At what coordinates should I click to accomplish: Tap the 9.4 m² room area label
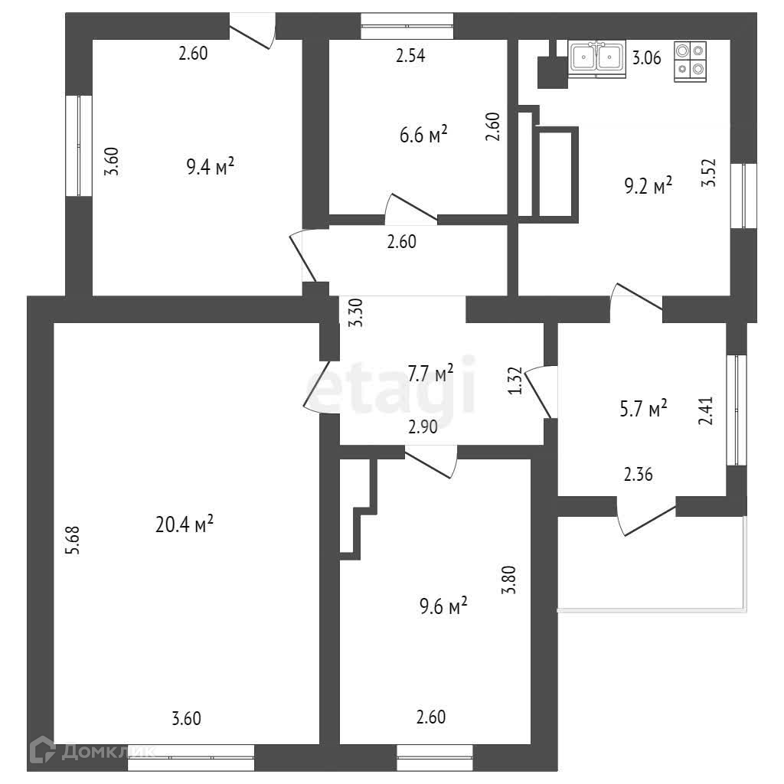(x=210, y=166)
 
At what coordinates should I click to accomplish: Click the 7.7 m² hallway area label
(x=430, y=374)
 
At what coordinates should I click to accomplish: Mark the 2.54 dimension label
(x=410, y=55)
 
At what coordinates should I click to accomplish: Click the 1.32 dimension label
(x=515, y=381)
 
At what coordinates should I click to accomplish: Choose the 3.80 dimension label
(x=508, y=580)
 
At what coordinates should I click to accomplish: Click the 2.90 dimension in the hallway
(x=423, y=428)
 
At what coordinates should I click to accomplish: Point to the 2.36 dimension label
(x=638, y=475)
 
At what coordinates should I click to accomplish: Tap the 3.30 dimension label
(x=354, y=313)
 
